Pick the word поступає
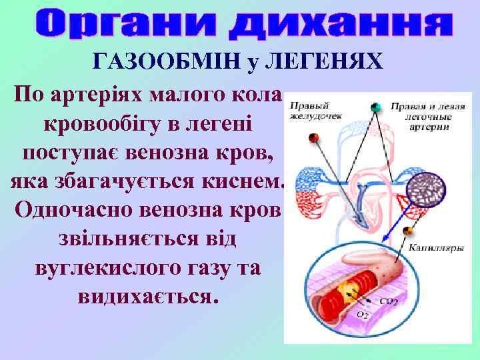pos(71,152)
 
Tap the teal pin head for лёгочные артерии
pos(375,107)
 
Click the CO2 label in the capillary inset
pos(389,301)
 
